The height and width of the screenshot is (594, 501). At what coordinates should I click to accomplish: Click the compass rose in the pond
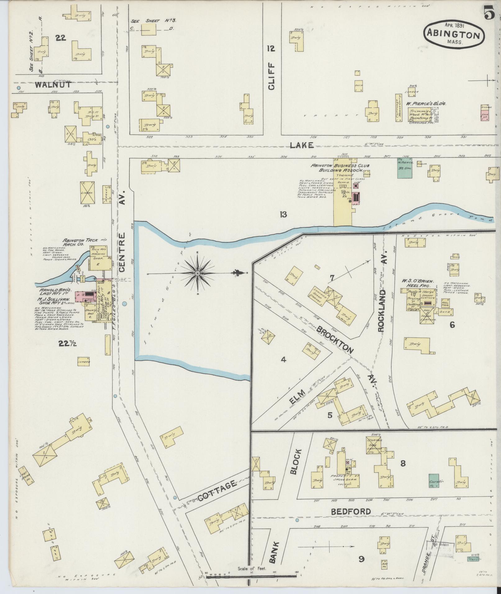tap(197, 273)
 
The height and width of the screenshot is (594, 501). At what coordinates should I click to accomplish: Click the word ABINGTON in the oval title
tap(453, 34)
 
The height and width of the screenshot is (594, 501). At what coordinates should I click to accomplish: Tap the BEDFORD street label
tap(355, 511)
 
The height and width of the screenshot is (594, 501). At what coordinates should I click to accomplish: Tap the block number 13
tap(283, 215)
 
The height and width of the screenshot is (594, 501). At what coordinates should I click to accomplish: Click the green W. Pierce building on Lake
tap(405, 168)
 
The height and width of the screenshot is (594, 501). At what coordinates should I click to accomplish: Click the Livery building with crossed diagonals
tap(88, 193)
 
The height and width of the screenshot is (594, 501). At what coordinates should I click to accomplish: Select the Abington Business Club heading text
tap(340, 168)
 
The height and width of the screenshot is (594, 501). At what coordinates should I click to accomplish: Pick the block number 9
tap(362, 559)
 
